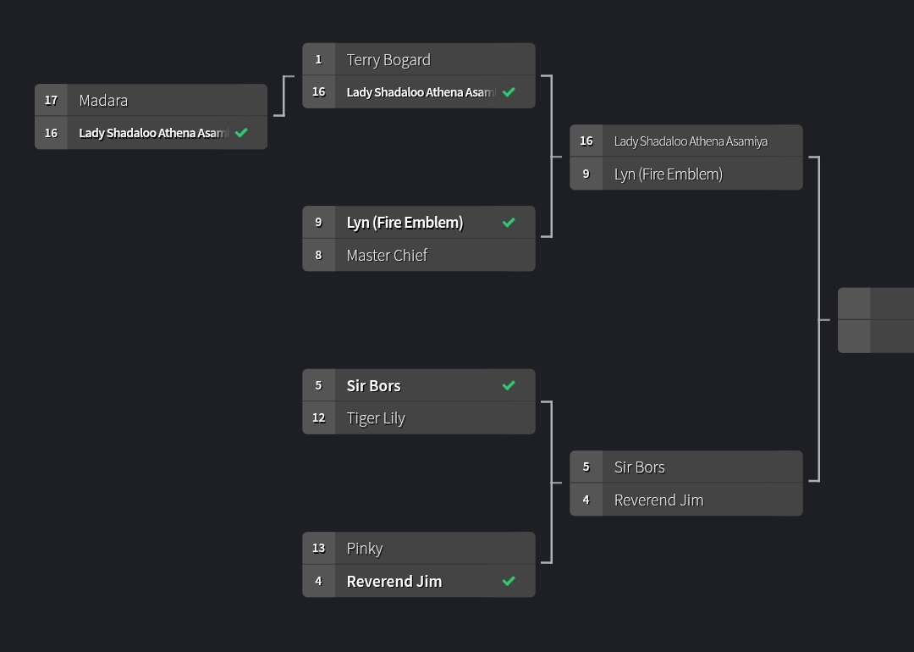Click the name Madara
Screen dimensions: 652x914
pyautogui.click(x=103, y=101)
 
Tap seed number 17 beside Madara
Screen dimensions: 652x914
pyautogui.click(x=51, y=101)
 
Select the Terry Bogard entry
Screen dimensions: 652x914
pyautogui.click(x=388, y=60)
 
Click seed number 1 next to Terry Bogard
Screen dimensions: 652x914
pyautogui.click(x=318, y=60)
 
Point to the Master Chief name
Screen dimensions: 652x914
pyautogui.click(x=387, y=256)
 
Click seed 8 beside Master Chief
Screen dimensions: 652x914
pyautogui.click(x=318, y=256)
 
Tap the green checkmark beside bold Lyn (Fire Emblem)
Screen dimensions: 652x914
pyautogui.click(x=509, y=223)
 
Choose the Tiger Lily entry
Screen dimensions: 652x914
pyautogui.click(x=376, y=418)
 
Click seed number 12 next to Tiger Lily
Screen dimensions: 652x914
pyautogui.click(x=318, y=418)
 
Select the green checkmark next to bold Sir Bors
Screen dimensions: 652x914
pyautogui.click(x=509, y=385)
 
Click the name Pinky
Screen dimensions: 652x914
pyautogui.click(x=365, y=549)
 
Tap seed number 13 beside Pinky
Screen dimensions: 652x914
pyautogui.click(x=318, y=549)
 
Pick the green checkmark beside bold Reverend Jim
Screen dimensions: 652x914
pyautogui.click(x=509, y=581)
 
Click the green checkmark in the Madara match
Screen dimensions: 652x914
pyautogui.click(x=241, y=133)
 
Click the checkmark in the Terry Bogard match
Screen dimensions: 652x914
pyautogui.click(x=509, y=92)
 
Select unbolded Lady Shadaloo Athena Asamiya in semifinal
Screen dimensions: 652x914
pyautogui.click(x=691, y=141)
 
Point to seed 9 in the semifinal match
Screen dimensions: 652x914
pyautogui.click(x=586, y=174)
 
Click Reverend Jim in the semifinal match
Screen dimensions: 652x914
pyautogui.click(x=658, y=500)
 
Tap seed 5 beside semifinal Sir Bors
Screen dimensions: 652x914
pyautogui.click(x=586, y=467)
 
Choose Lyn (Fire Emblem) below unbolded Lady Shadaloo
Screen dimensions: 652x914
pyautogui.click(x=668, y=174)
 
